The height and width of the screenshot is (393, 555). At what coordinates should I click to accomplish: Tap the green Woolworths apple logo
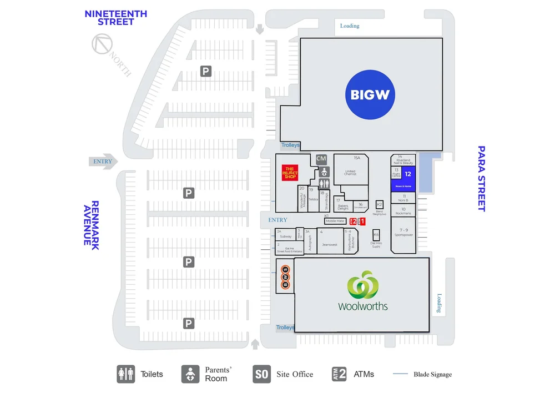pyautogui.click(x=362, y=284)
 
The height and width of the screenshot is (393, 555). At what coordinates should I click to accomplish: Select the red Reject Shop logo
pyautogui.click(x=290, y=173)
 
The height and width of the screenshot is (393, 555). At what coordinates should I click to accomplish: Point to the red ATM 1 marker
pyautogui.click(x=362, y=221)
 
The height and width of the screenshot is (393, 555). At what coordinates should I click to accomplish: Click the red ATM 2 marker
pyautogui.click(x=352, y=221)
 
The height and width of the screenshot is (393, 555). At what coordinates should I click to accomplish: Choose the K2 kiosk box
pyautogui.click(x=380, y=204)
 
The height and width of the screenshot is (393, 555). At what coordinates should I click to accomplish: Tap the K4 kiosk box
pyautogui.click(x=376, y=235)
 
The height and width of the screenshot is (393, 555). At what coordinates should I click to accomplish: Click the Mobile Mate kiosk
pyautogui.click(x=335, y=221)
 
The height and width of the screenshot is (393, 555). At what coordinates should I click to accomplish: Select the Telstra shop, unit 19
pyautogui.click(x=313, y=198)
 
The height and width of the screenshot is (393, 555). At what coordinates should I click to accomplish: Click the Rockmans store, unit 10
pyautogui.click(x=403, y=211)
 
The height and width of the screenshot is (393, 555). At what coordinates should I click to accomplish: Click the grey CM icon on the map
pyautogui.click(x=321, y=159)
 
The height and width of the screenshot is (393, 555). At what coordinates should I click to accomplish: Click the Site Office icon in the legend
pyautogui.click(x=261, y=374)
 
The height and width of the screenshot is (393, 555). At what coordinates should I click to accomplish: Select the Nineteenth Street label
pyautogui.click(x=115, y=18)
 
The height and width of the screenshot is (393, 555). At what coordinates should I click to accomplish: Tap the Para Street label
pyautogui.click(x=482, y=178)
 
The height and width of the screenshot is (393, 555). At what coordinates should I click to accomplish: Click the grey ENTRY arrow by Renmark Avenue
pyautogui.click(x=103, y=162)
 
